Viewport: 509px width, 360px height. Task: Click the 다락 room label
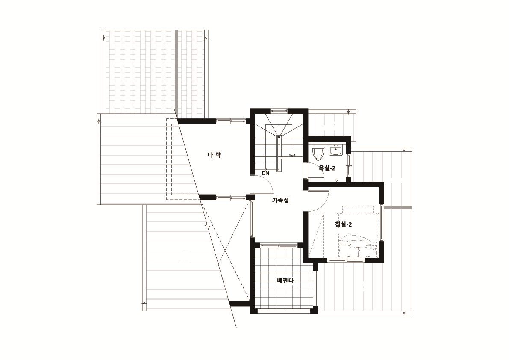214,155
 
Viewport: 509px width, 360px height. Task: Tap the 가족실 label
280,201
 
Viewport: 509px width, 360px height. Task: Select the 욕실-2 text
327,168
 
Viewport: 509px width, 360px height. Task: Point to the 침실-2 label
344,224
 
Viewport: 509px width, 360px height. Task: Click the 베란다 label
285,280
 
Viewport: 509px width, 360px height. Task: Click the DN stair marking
265,173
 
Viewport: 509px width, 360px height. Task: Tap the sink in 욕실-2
335,150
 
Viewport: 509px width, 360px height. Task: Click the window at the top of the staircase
279,111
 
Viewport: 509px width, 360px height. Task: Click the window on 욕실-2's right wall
349,165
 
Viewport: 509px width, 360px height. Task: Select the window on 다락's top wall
231,121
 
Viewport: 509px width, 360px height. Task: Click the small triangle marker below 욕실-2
337,180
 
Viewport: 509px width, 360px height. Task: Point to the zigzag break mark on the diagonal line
206,224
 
